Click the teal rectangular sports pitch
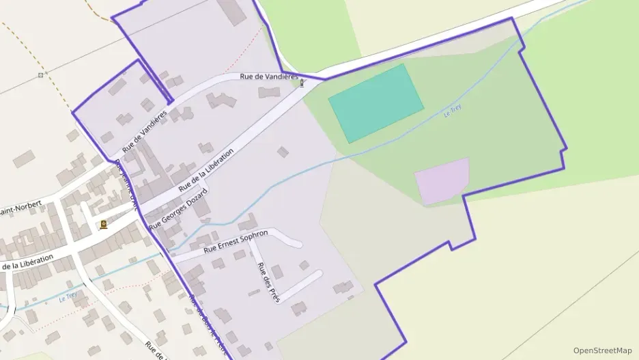(x=375, y=103)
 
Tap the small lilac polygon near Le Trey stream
(x=442, y=180)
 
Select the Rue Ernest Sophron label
(x=236, y=241)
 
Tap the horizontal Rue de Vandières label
(x=269, y=77)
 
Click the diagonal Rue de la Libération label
(x=205, y=169)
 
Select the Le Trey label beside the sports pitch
(x=453, y=111)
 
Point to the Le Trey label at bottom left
(x=68, y=297)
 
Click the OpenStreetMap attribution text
(x=602, y=350)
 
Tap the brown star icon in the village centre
(x=103, y=224)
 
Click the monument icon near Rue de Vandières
(x=302, y=83)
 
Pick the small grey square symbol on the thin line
(x=41, y=74)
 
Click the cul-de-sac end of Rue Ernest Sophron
(x=298, y=244)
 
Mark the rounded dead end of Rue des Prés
(x=318, y=274)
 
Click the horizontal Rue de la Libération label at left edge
(x=27, y=262)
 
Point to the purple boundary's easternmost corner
(x=567, y=148)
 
